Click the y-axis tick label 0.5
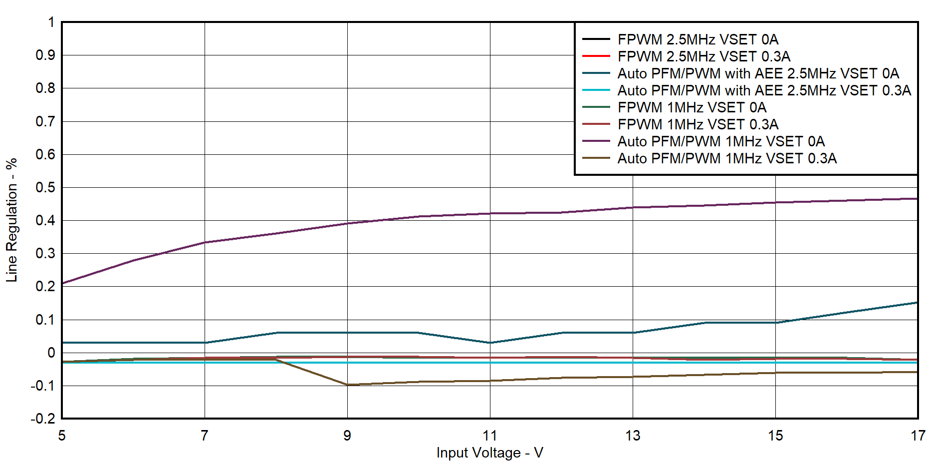pos(45,187)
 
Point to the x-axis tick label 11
pos(489,436)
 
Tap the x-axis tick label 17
pos(918,436)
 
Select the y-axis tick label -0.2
pos(42,419)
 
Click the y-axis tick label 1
pos(51,22)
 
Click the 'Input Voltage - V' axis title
pos(489,453)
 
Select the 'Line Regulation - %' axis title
pos(11,220)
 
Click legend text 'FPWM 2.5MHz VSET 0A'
pos(698,39)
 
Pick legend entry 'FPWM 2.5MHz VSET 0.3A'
pos(703,56)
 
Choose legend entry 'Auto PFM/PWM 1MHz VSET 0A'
pos(721,141)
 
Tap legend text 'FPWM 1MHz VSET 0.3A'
pos(698,124)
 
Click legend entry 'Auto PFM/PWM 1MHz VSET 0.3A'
pos(727,158)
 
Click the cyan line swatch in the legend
pos(596,90)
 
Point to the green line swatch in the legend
pos(596,107)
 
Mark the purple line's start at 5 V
pos(62,283)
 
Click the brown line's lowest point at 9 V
pos(347,385)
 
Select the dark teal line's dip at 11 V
pos(490,343)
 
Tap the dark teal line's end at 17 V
pos(917,303)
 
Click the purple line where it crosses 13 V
pos(633,207)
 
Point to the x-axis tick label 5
pos(62,436)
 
